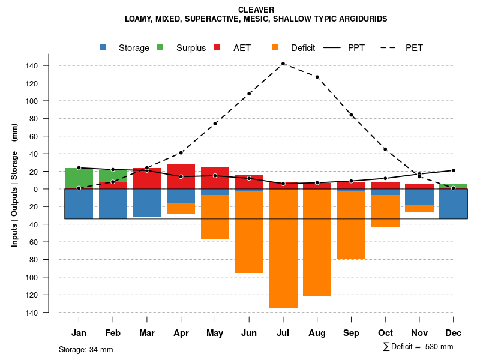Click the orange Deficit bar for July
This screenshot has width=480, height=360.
click(x=283, y=248)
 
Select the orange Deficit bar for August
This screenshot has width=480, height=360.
click(x=317, y=243)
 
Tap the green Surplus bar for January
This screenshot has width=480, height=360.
click(x=79, y=178)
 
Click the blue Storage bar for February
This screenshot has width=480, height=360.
click(x=113, y=204)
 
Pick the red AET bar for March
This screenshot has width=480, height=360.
click(x=147, y=179)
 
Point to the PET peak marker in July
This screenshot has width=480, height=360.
click(x=283, y=64)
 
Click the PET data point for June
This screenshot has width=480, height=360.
click(x=249, y=94)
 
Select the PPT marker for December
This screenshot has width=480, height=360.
click(x=454, y=170)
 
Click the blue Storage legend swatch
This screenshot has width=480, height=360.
click(x=103, y=47)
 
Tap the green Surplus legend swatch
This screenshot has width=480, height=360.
click(x=160, y=47)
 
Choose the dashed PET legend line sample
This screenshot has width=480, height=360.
click(x=391, y=47)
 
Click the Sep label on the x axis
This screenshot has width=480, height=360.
click(x=351, y=333)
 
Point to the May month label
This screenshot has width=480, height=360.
click(x=215, y=333)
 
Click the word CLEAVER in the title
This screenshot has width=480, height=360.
click(x=256, y=10)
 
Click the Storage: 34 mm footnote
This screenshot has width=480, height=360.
click(x=86, y=349)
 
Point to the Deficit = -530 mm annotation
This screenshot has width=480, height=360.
click(x=418, y=347)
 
